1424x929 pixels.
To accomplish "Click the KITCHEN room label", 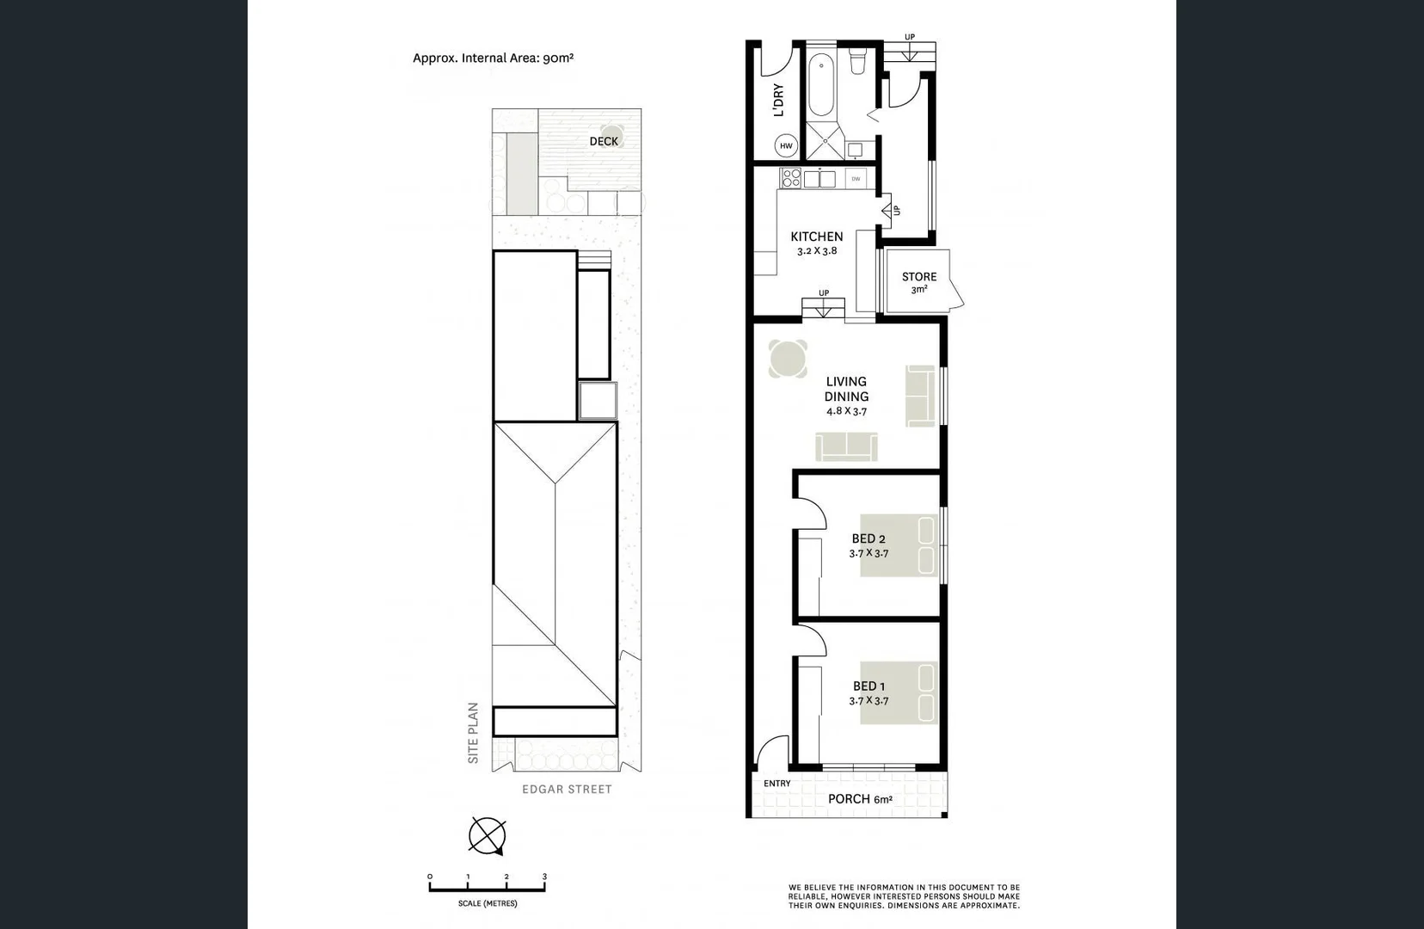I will (x=816, y=237).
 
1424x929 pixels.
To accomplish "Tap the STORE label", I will (x=918, y=277).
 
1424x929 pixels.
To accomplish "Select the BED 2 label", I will (x=869, y=539).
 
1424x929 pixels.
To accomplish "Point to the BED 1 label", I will (x=869, y=686).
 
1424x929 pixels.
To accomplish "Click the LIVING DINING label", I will (x=846, y=389).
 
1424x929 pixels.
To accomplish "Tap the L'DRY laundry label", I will (x=779, y=100).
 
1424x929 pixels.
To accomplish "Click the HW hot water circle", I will (x=786, y=146).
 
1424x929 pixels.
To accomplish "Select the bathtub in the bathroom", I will (x=821, y=85).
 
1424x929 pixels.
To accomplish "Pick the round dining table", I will (x=788, y=359).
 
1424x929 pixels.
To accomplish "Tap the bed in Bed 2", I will (x=899, y=544).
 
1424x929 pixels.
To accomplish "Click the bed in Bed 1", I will (x=899, y=692).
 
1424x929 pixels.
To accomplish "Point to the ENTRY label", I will (x=776, y=784).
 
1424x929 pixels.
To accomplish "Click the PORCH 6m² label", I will (x=859, y=799).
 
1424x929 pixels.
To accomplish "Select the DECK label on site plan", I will (x=604, y=141).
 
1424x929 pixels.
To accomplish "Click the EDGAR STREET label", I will (x=567, y=789).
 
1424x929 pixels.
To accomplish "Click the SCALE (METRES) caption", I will (x=488, y=904).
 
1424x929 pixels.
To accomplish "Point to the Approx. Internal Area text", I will (x=493, y=58).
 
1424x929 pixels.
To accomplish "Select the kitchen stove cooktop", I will (x=790, y=178).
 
